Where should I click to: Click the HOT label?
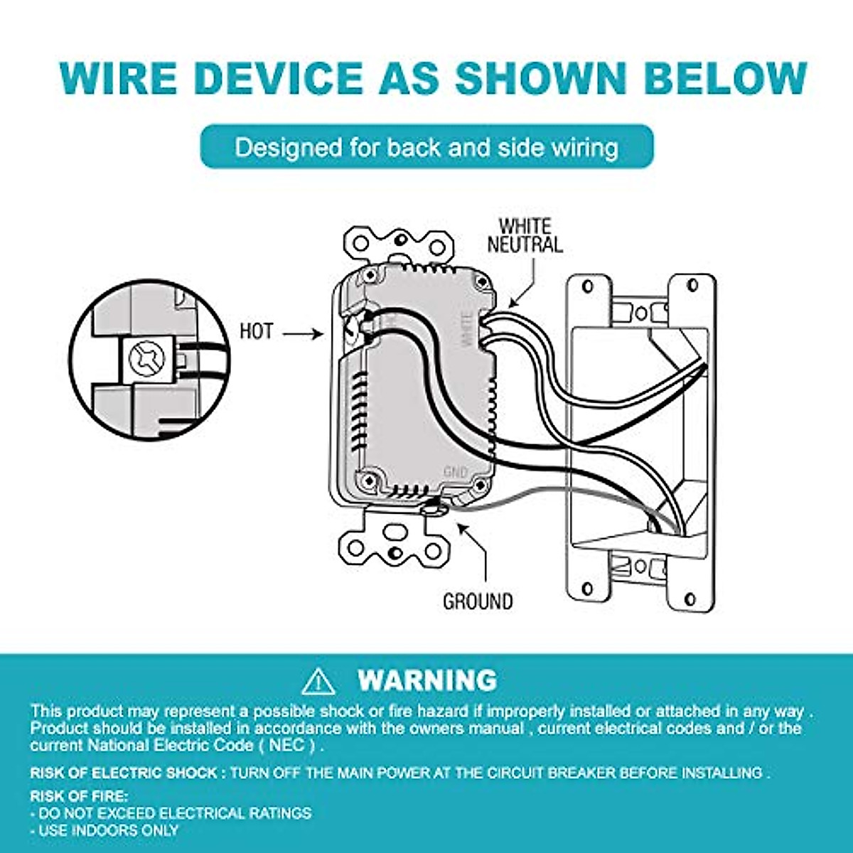tap(256, 331)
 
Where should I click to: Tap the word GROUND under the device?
tap(477, 601)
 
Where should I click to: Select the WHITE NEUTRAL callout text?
tap(525, 235)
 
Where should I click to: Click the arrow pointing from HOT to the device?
tap(302, 332)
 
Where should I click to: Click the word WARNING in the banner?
tap(427, 680)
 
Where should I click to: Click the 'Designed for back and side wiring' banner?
tap(426, 147)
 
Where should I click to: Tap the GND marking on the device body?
tap(455, 472)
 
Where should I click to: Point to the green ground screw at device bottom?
tap(431, 506)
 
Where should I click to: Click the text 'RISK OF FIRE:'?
tap(79, 796)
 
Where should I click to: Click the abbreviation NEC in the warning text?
tap(289, 746)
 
